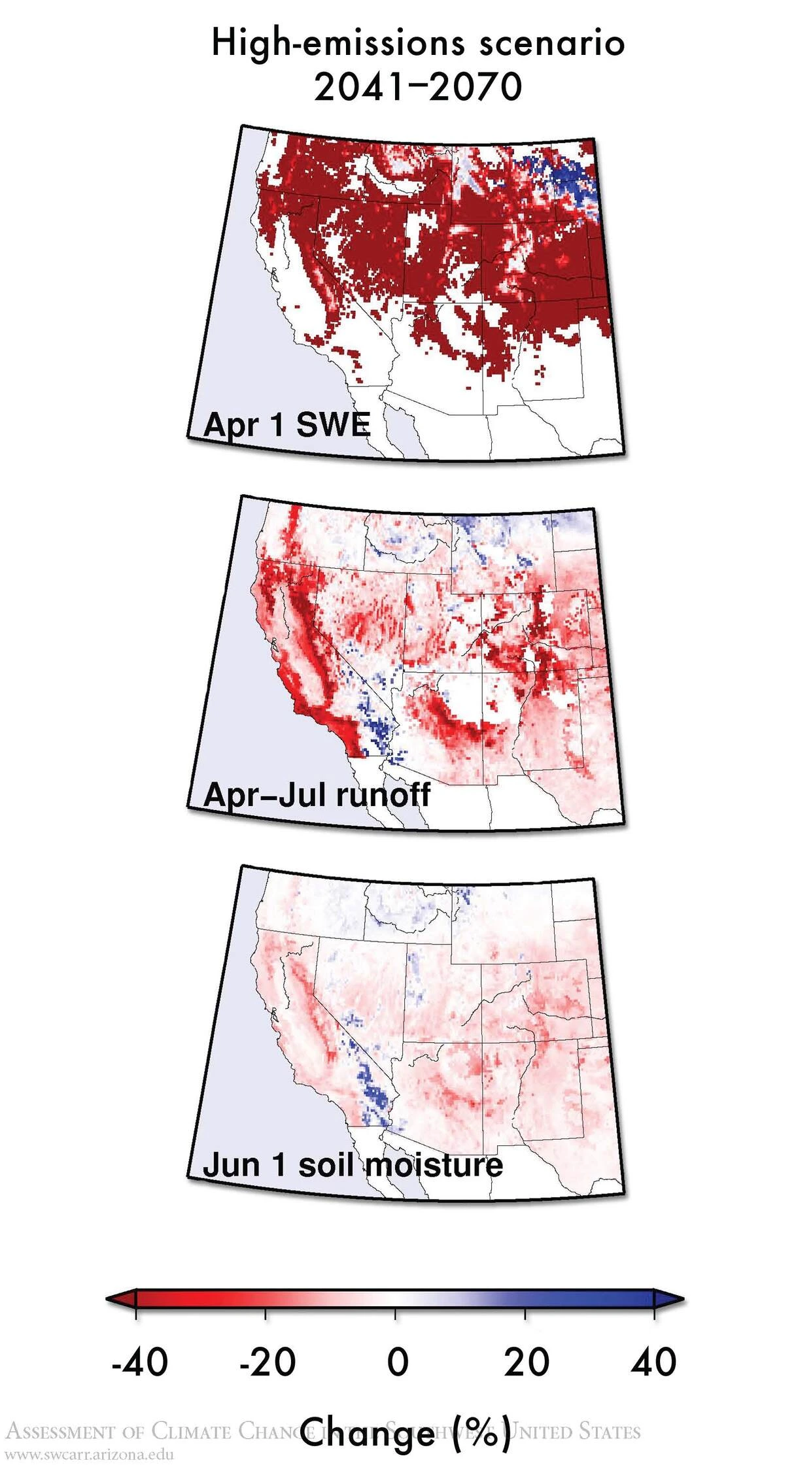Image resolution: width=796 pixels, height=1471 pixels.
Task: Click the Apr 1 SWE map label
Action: (x=286, y=425)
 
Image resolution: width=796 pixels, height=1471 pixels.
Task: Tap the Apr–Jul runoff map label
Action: (x=317, y=795)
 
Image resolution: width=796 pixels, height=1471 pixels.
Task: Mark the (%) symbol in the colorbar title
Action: (x=481, y=1432)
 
